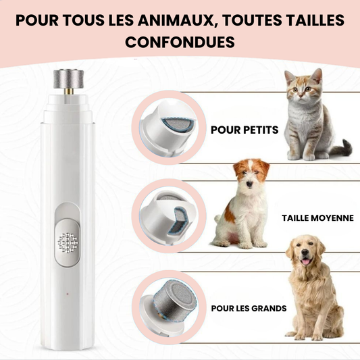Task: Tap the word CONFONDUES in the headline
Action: coord(180,42)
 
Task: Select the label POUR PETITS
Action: coord(245,130)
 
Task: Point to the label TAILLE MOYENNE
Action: coord(317,218)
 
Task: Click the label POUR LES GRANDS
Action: coord(249,309)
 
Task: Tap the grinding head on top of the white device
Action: coord(69,79)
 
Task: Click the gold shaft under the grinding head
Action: coord(69,92)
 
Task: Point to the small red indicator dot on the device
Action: coord(68,294)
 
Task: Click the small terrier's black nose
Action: coord(249,184)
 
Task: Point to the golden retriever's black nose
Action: coord(305,253)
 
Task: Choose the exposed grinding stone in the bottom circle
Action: coord(174,299)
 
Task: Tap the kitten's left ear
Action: coord(290,77)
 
